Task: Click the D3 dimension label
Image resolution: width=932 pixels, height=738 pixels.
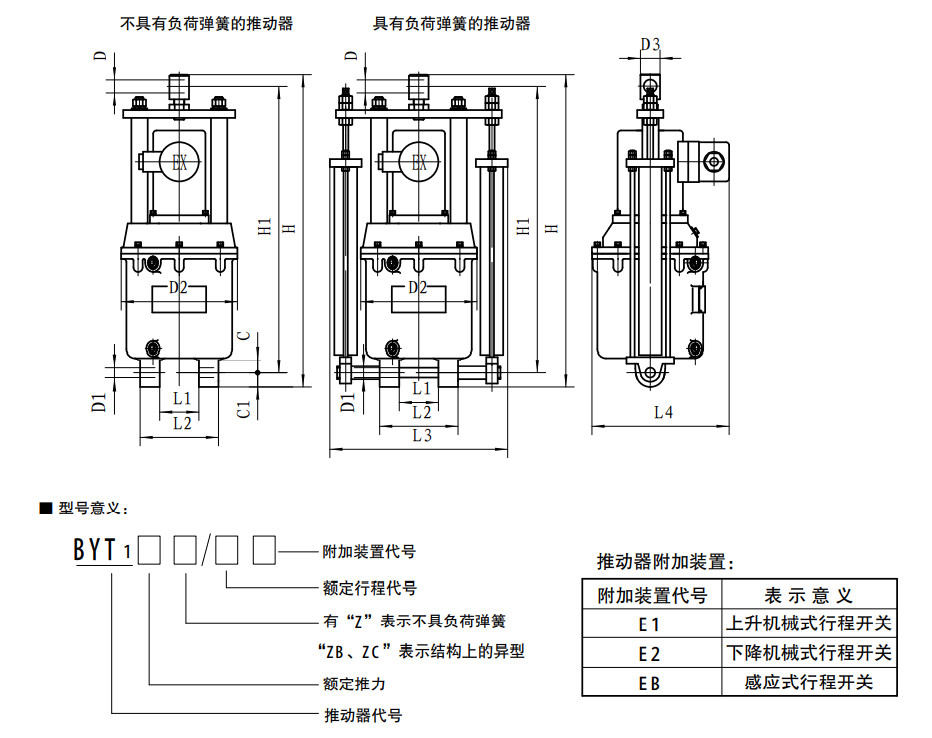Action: click(x=650, y=44)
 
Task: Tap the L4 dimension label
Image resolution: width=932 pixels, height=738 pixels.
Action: click(x=663, y=412)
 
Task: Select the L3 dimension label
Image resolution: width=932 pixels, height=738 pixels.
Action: click(x=421, y=435)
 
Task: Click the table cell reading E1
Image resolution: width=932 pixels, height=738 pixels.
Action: click(x=650, y=625)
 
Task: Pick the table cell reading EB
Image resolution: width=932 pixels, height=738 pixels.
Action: click(x=650, y=683)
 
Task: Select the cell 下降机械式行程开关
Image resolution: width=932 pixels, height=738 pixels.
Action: click(x=808, y=654)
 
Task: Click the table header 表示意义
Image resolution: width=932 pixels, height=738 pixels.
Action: click(x=808, y=596)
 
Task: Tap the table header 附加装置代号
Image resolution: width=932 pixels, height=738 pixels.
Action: click(x=651, y=596)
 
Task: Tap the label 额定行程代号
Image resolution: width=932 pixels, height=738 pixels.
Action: click(x=370, y=588)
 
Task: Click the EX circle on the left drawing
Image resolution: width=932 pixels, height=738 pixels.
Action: click(x=180, y=162)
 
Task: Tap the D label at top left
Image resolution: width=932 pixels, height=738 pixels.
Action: click(x=100, y=56)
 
